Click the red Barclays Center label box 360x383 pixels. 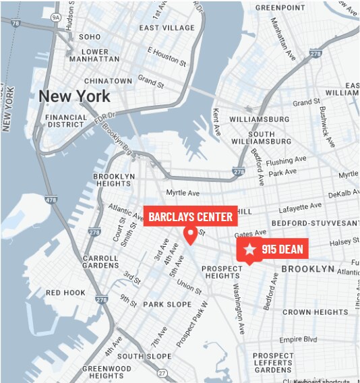click(x=191, y=216)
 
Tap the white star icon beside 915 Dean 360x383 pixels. click(x=250, y=249)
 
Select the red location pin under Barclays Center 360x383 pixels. click(x=191, y=235)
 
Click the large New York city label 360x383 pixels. click(x=74, y=96)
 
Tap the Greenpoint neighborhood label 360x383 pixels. click(x=280, y=8)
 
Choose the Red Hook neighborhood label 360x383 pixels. click(x=65, y=293)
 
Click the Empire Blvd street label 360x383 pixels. click(x=298, y=339)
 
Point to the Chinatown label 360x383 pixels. click(x=108, y=81)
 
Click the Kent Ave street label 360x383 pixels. click(x=216, y=120)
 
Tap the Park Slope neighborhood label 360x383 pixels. click(x=168, y=304)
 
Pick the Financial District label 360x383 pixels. click(x=66, y=121)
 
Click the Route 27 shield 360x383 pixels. click(x=162, y=372)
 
